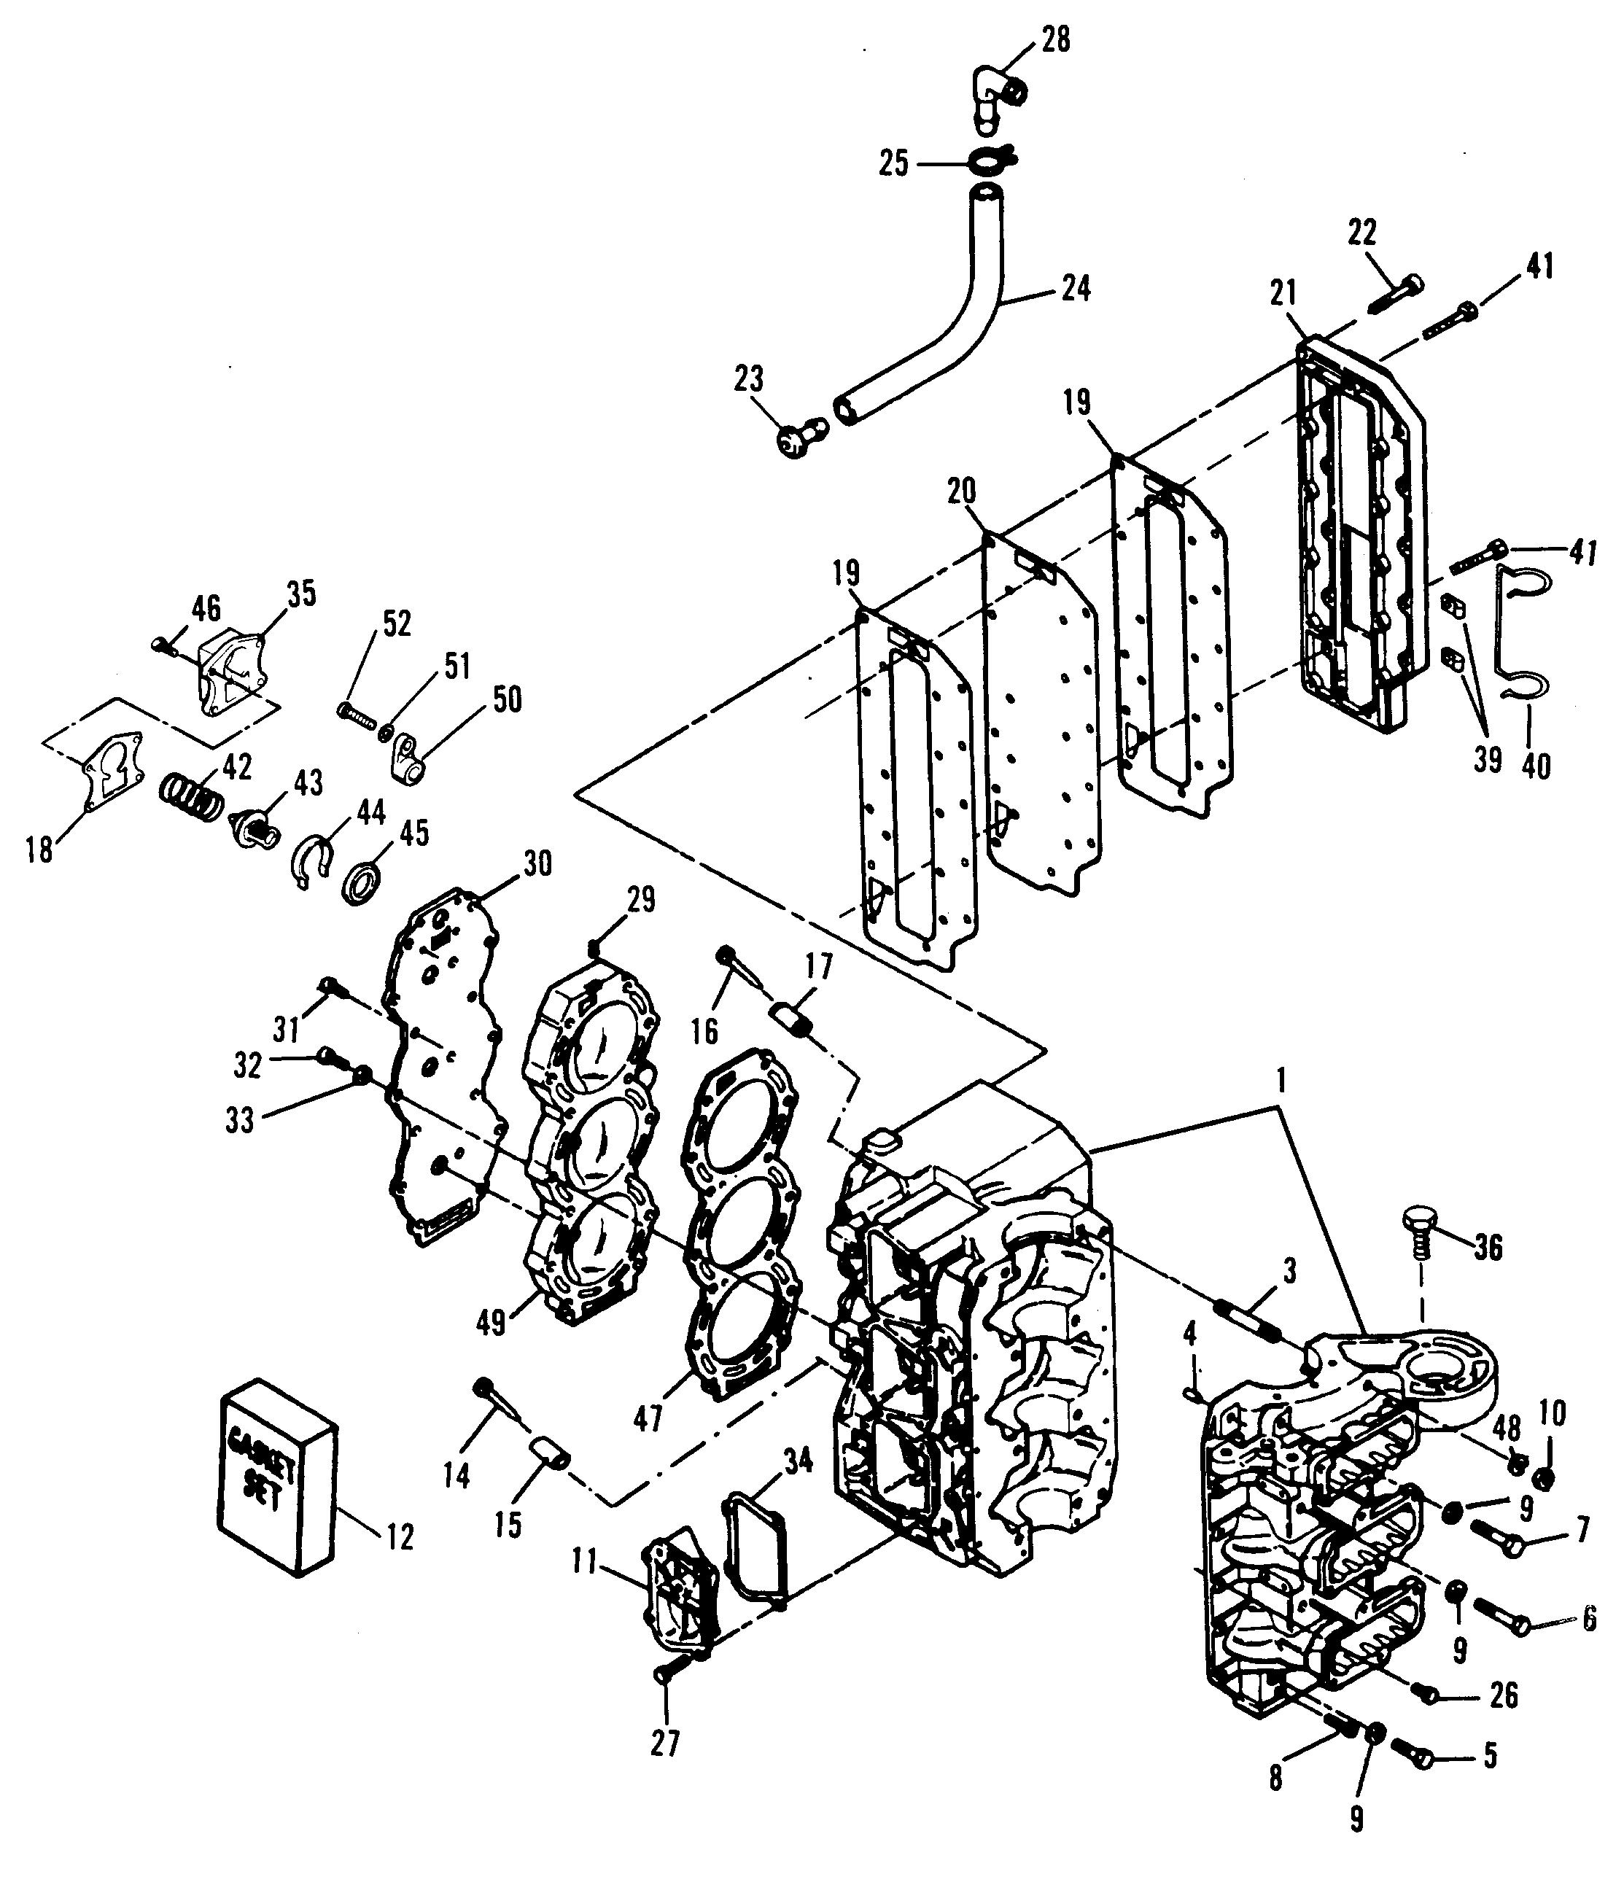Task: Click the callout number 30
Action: (537, 863)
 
